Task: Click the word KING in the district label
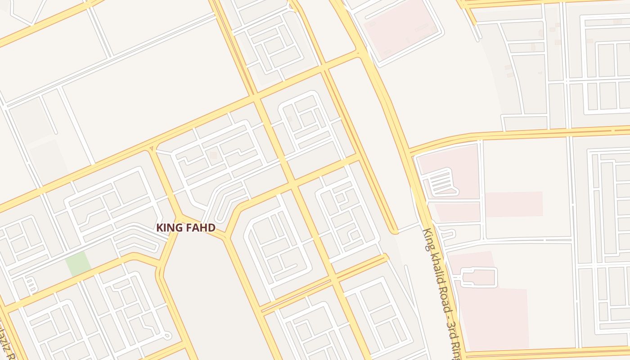[x=170, y=228]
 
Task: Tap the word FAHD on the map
[x=200, y=228]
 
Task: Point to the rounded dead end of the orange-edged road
[x=394, y=231]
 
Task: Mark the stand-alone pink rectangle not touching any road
[x=513, y=204]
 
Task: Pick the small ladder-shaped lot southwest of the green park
[x=30, y=284]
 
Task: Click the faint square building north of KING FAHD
[x=213, y=155]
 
